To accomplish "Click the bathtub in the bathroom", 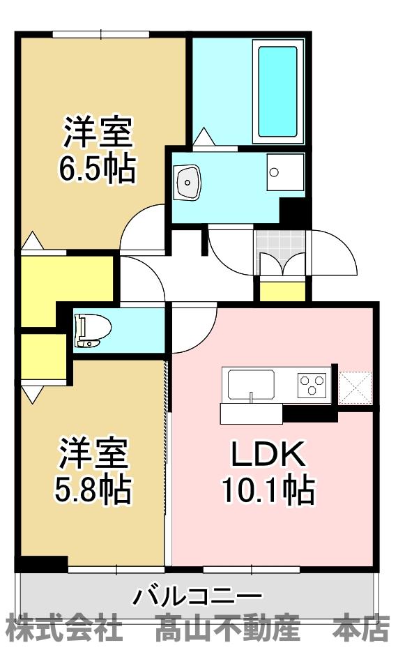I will tap(278, 91).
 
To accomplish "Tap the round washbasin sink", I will tap(188, 181).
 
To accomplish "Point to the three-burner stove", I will tap(312, 384).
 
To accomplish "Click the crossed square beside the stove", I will tap(355, 386).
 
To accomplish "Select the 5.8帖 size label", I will tap(93, 490).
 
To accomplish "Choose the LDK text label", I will tap(268, 455).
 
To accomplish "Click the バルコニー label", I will tap(198, 596).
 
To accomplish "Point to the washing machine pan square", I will tap(285, 171).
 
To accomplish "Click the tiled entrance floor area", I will tap(281, 244).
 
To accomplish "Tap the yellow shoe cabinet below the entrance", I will tap(282, 290).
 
